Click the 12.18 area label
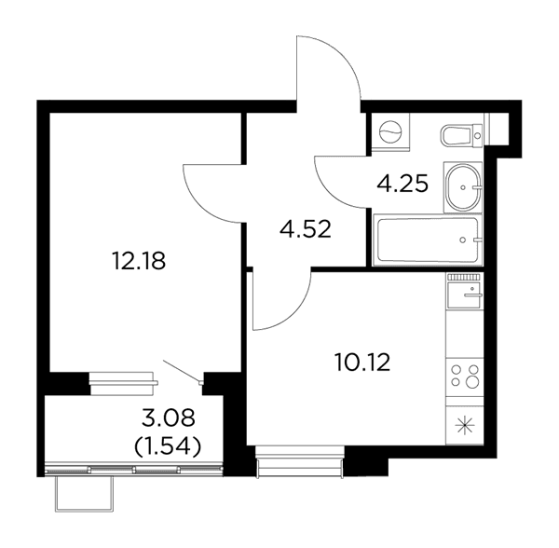(x=138, y=261)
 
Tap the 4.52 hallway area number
(x=306, y=229)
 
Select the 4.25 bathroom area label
(x=402, y=184)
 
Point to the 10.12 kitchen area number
(x=363, y=362)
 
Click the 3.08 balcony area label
(x=169, y=418)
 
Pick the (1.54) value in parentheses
(x=167, y=445)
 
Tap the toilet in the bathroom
(x=462, y=135)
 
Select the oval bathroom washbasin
(x=463, y=187)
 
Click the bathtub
(x=428, y=240)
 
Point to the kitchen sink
(x=465, y=295)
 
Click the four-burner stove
(x=465, y=376)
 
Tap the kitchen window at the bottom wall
(x=300, y=461)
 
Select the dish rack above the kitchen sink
(x=465, y=277)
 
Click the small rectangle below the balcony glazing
(x=84, y=494)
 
